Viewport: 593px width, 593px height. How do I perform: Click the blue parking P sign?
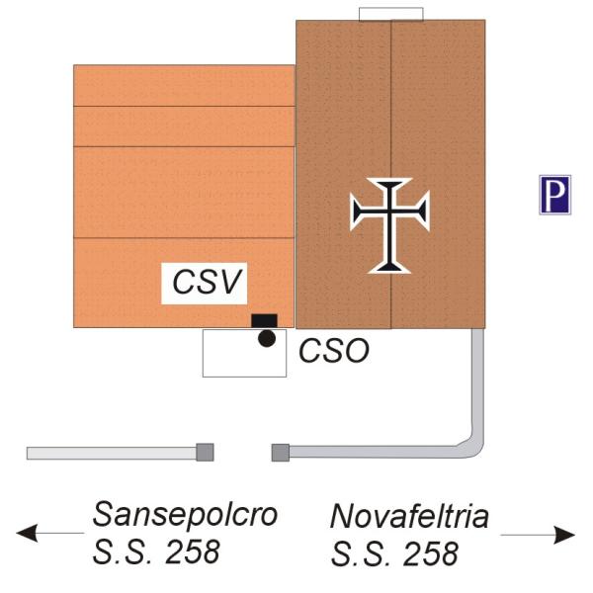(554, 195)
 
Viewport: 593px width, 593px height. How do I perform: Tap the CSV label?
(207, 282)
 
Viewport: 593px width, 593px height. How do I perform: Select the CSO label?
(334, 351)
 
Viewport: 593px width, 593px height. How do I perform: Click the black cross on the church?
(390, 225)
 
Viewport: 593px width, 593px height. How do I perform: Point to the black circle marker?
(267, 338)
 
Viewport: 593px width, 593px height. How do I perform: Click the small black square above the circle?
(264, 320)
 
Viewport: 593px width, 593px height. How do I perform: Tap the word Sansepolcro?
(186, 514)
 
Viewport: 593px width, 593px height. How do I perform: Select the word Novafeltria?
(409, 516)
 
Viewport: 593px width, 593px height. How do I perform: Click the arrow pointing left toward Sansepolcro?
(50, 533)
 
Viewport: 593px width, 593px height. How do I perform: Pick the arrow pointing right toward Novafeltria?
(538, 535)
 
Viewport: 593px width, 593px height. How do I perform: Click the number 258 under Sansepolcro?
(193, 551)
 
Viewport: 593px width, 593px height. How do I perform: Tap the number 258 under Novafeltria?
(431, 554)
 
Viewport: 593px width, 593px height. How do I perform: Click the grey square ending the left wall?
(205, 453)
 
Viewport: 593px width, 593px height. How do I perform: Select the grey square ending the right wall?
(281, 453)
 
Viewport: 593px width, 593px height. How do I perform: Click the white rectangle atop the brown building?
(391, 14)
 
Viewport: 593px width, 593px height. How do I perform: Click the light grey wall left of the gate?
(112, 454)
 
